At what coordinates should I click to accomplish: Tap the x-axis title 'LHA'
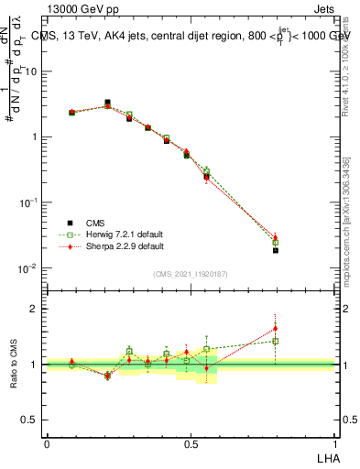(326, 456)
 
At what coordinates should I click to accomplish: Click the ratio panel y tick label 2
(35, 309)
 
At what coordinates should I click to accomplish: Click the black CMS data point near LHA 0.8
(275, 250)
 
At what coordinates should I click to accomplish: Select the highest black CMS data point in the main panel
(107, 103)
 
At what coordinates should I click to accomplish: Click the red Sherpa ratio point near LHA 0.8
(275, 328)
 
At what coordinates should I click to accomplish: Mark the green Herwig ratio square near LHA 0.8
(275, 341)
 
